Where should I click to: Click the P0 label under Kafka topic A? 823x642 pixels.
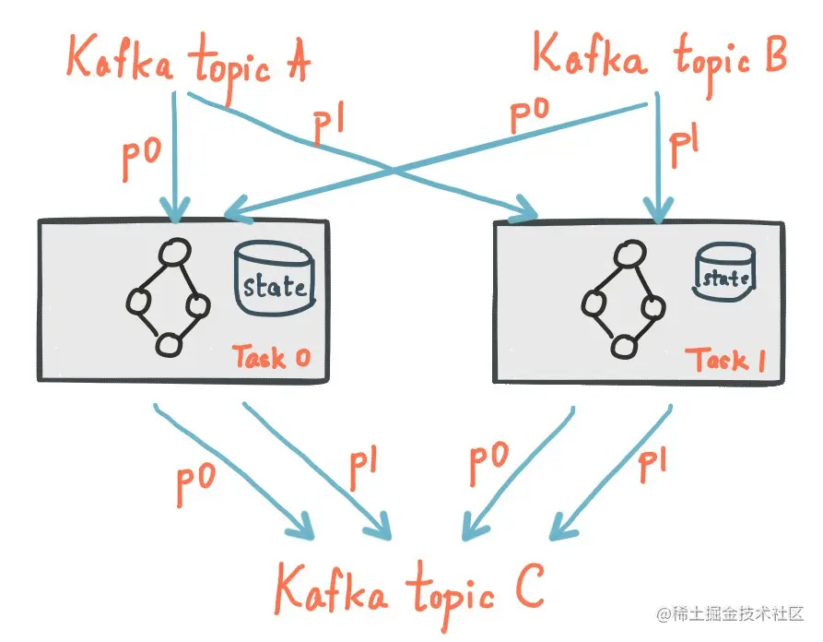click(x=142, y=160)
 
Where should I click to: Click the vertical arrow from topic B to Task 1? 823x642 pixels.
click(x=656, y=157)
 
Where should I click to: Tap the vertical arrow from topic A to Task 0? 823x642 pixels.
click(x=173, y=152)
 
